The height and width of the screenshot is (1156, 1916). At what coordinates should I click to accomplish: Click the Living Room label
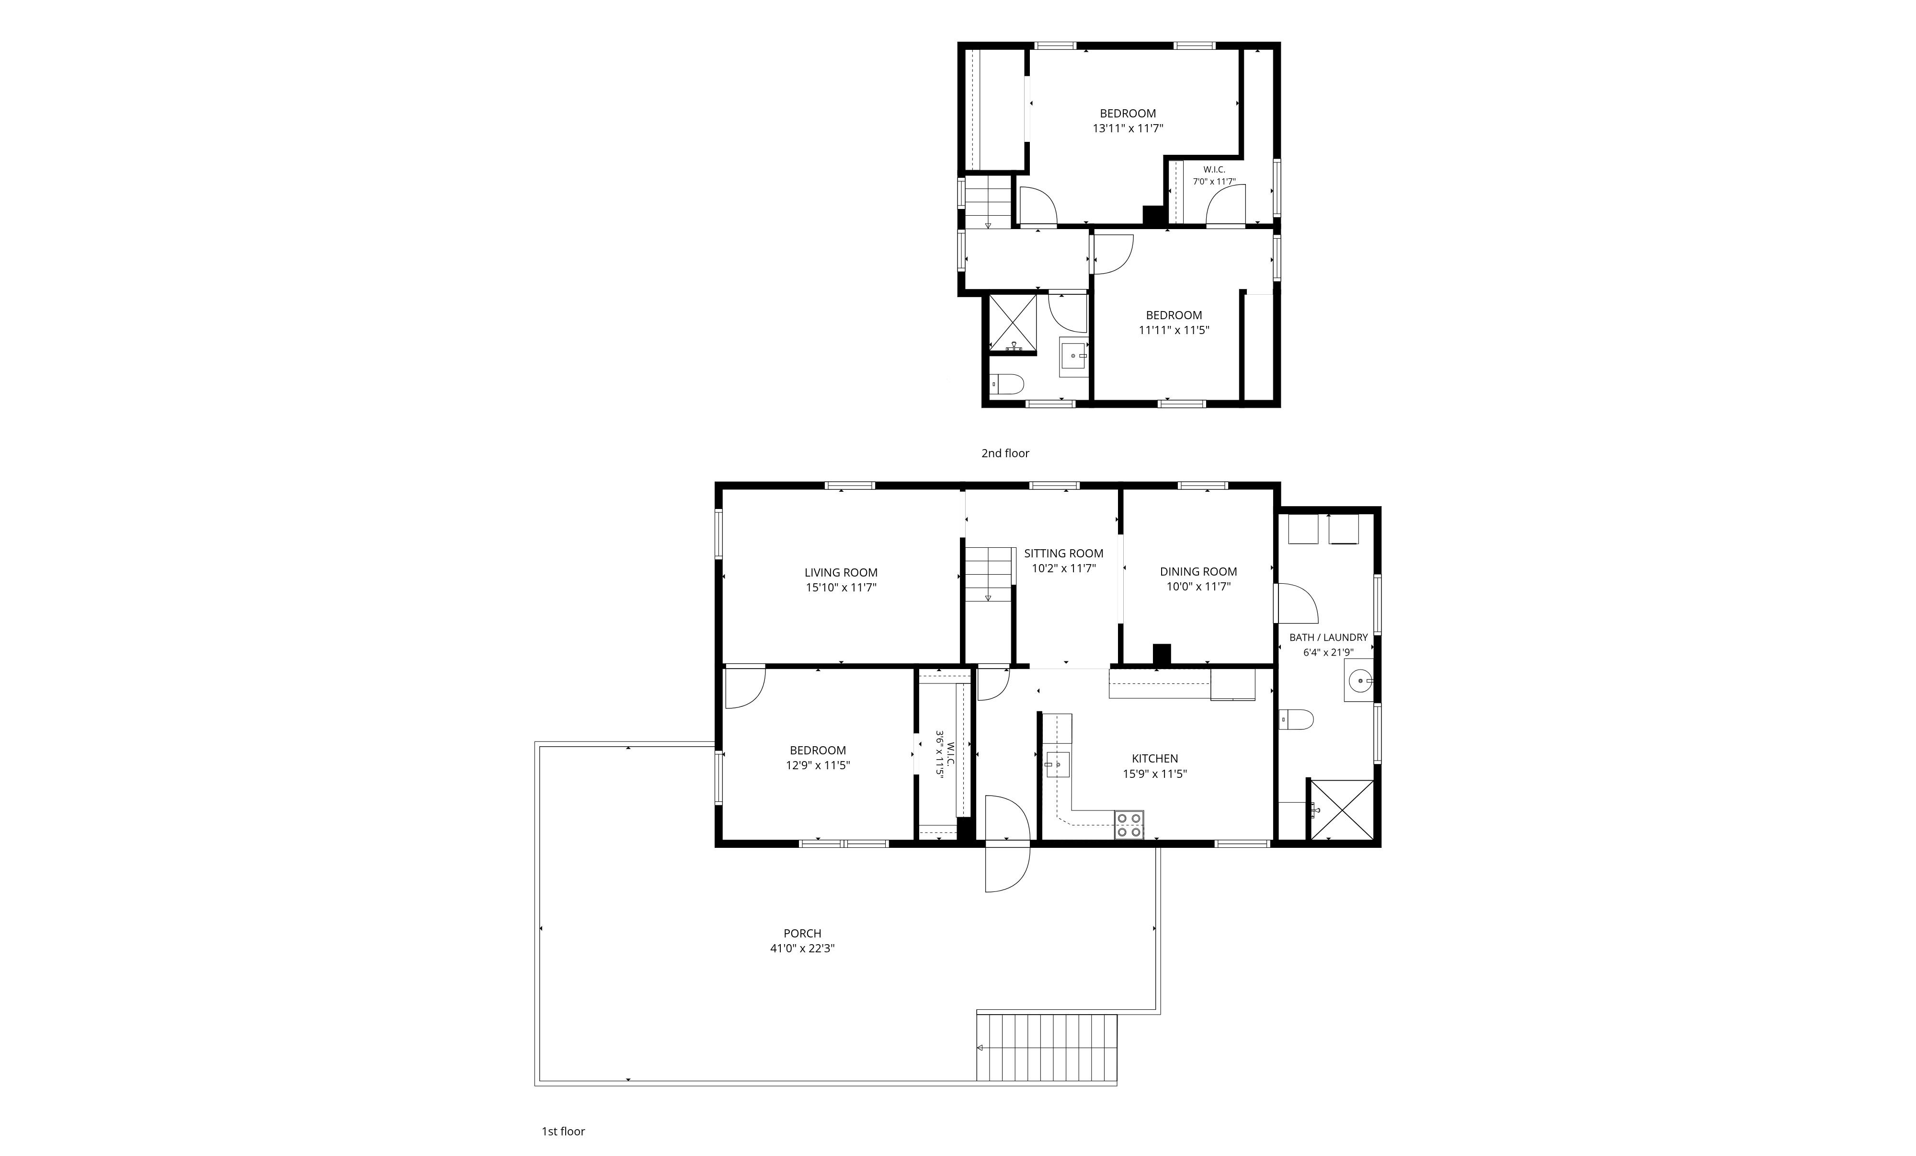click(841, 573)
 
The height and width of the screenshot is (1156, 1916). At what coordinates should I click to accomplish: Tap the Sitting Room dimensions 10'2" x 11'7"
click(1064, 569)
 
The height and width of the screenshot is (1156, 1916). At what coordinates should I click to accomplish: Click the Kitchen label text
click(1155, 759)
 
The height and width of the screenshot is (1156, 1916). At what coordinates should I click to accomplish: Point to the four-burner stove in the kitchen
click(1129, 825)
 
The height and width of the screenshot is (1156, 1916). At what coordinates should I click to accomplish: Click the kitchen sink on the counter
click(1057, 765)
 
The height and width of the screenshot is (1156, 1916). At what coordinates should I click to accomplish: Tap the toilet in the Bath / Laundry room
click(1296, 719)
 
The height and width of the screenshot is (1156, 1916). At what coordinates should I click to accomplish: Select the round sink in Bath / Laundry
click(1358, 681)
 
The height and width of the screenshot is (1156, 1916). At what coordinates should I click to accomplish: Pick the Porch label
click(802, 934)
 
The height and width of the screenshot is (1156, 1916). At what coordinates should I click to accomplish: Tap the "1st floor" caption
click(563, 1131)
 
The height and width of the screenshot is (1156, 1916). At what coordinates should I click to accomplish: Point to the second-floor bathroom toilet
click(1007, 383)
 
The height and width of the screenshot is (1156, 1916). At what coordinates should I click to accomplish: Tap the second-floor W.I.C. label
click(1214, 170)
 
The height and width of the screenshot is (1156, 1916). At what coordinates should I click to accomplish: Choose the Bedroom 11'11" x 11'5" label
click(1174, 322)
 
